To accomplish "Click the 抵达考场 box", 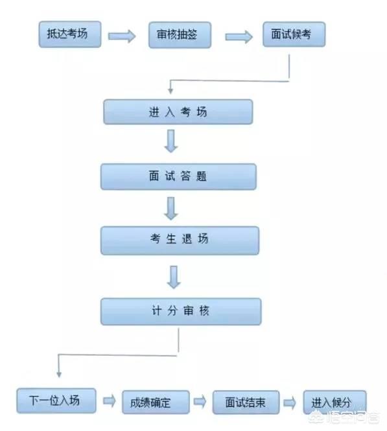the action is [x=70, y=34].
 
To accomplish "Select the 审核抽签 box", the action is [x=180, y=35].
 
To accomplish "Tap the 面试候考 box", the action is [x=294, y=34].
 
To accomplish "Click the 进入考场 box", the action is [x=178, y=112].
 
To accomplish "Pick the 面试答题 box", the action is [x=178, y=177].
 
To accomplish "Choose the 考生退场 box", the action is [x=180, y=240].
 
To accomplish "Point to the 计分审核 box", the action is [x=181, y=312].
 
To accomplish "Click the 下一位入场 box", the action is [x=56, y=401].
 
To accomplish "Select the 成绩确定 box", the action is [x=156, y=402].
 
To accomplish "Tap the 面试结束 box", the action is [x=246, y=402].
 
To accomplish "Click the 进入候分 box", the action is [x=334, y=402].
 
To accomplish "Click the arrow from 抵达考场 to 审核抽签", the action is [x=122, y=36].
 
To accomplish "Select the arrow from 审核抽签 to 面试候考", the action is [x=239, y=37].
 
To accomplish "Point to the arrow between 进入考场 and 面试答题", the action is [x=171, y=141].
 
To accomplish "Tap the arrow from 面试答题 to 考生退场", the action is [x=171, y=208].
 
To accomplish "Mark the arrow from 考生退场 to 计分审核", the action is [x=174, y=277].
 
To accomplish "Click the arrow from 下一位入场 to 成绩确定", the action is [x=110, y=401].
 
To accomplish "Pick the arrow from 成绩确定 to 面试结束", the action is [x=200, y=402].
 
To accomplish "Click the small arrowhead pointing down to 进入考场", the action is [x=170, y=91].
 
